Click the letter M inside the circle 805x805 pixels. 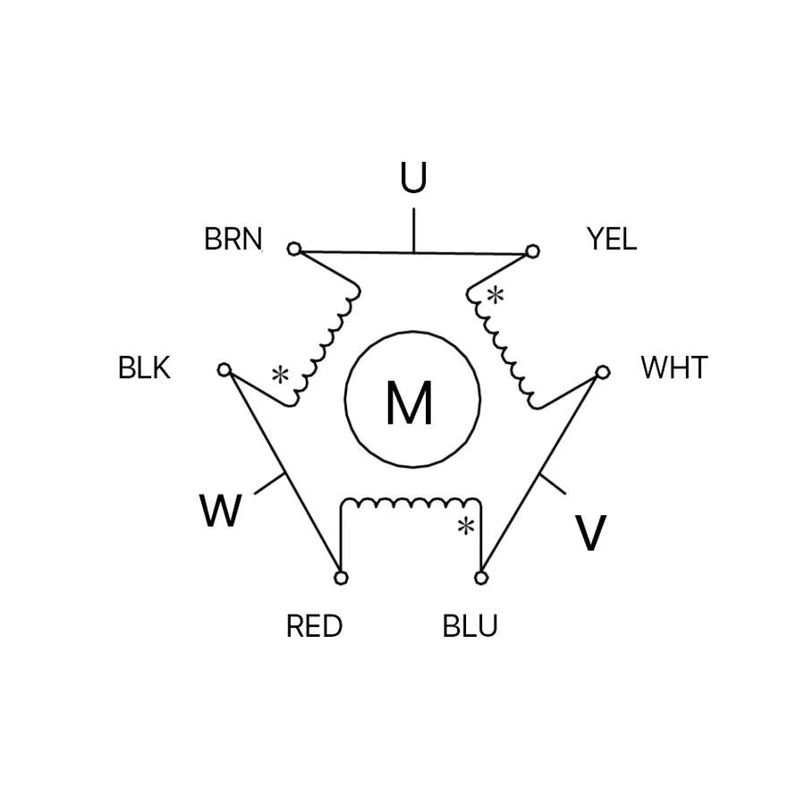(x=411, y=402)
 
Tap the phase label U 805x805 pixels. (x=413, y=179)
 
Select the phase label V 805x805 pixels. (x=590, y=533)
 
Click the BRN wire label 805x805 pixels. (x=233, y=240)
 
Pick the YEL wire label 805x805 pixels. (x=612, y=239)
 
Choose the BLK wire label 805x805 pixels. (x=144, y=368)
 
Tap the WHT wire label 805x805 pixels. (x=674, y=368)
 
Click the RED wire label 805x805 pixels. (x=314, y=626)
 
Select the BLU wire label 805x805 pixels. (x=470, y=626)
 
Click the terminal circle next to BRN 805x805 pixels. (x=294, y=249)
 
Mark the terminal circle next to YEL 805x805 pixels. (x=533, y=250)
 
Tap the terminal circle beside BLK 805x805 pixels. (x=225, y=369)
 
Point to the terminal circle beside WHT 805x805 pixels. (x=603, y=371)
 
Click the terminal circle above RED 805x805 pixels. (x=341, y=578)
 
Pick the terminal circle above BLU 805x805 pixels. (x=481, y=578)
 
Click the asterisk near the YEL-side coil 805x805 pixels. (x=494, y=294)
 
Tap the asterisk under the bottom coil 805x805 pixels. (x=465, y=526)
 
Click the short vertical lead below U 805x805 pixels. (x=413, y=231)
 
